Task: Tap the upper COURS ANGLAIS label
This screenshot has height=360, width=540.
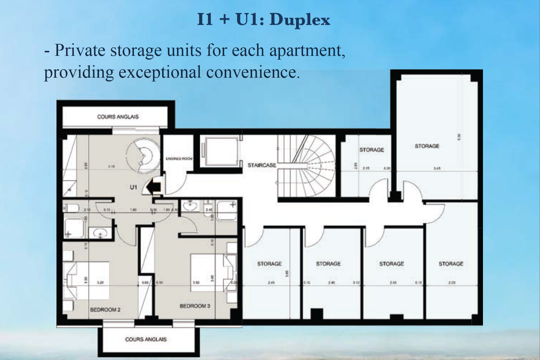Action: (x=118, y=117)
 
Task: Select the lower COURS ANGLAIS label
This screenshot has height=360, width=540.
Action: (x=146, y=339)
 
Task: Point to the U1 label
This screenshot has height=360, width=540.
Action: (x=133, y=187)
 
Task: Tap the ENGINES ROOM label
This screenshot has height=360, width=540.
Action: (x=179, y=159)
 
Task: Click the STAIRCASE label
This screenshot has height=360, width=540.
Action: (x=262, y=165)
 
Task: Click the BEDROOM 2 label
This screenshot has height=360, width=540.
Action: (x=105, y=310)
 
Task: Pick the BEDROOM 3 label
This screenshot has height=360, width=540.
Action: (x=195, y=306)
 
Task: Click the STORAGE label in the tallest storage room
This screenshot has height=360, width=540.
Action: (x=427, y=146)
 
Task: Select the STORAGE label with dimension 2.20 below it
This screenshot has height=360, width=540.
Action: (x=451, y=264)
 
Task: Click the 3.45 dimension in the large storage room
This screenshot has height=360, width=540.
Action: (x=437, y=168)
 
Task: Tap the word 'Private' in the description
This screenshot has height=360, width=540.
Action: (x=79, y=50)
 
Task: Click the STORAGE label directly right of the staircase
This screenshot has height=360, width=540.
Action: (x=371, y=150)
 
